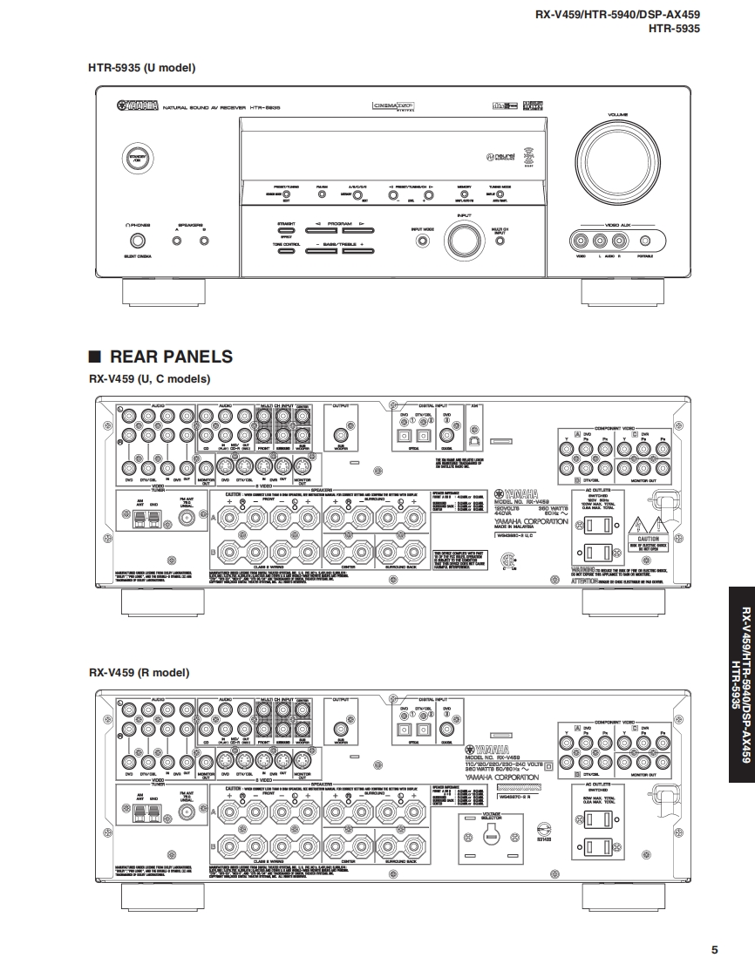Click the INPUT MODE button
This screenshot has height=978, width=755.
[x=423, y=240]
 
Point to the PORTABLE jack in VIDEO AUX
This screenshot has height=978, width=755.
[x=645, y=241]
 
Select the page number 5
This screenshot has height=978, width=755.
[x=714, y=950]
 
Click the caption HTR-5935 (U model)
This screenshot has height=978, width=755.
[x=141, y=67]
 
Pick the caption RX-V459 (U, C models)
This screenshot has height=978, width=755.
[x=149, y=379]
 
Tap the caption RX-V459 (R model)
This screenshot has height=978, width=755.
[x=139, y=673]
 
